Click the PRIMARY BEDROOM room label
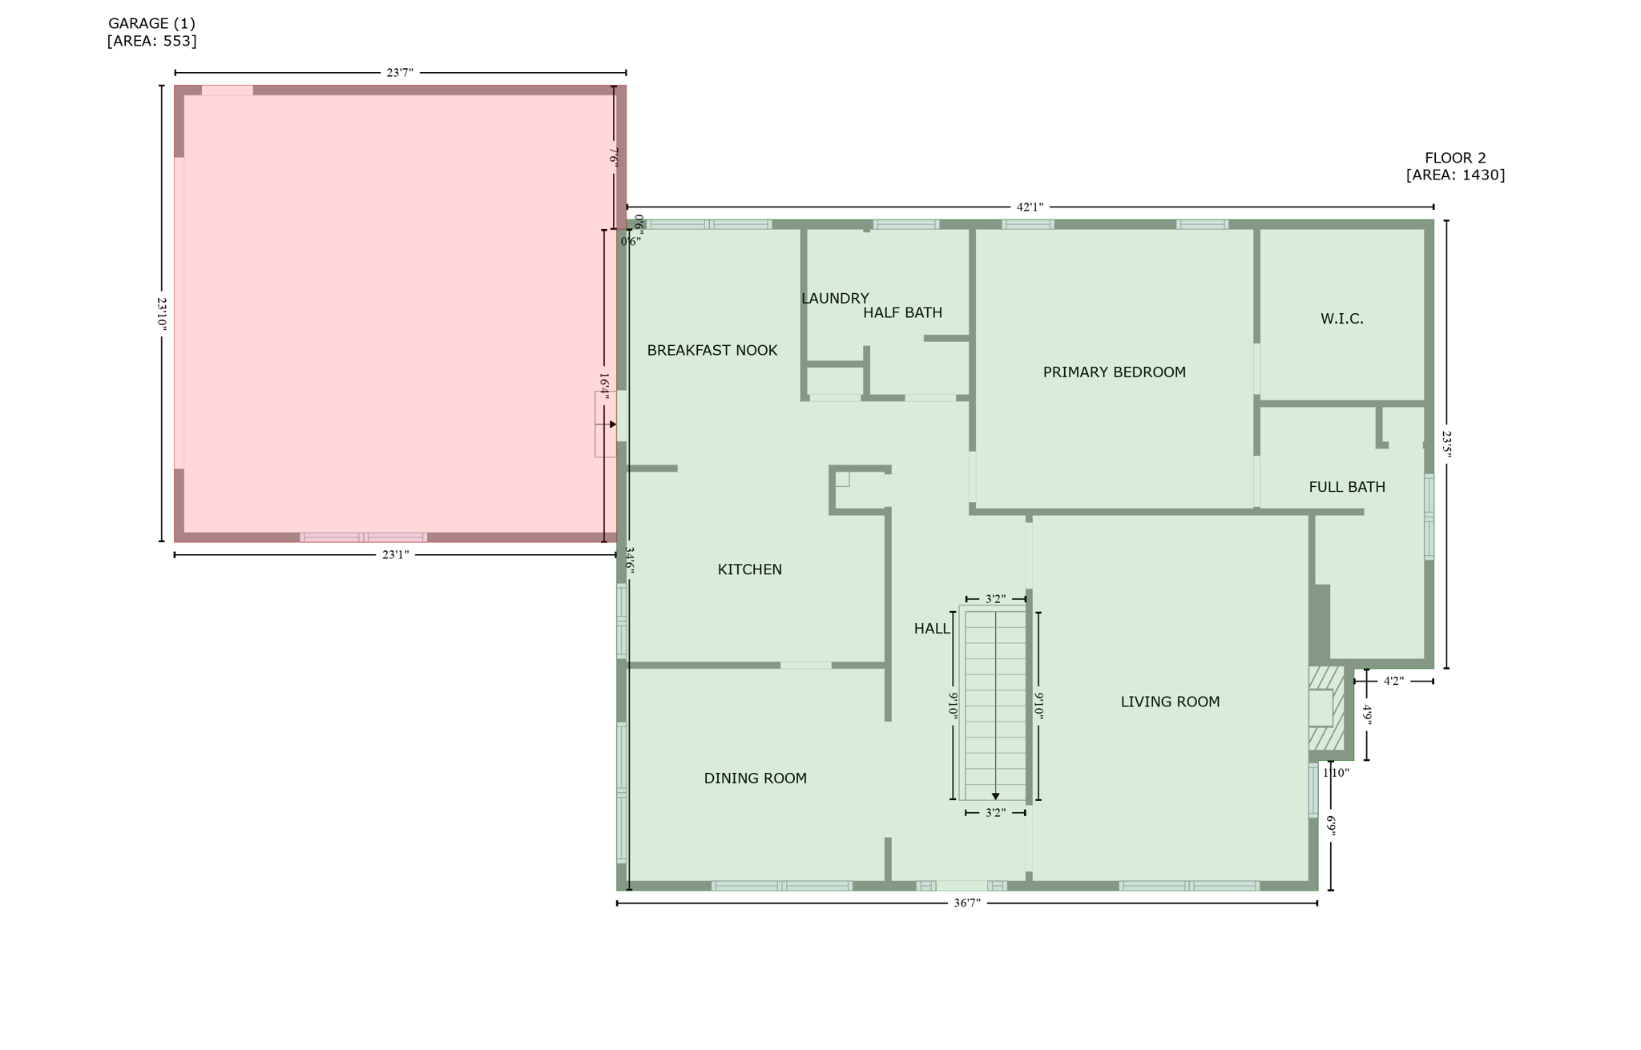(x=1114, y=372)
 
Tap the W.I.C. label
(x=1341, y=319)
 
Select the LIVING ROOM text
(x=1170, y=702)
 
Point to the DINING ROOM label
(x=755, y=778)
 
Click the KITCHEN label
(x=749, y=569)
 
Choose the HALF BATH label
(x=902, y=313)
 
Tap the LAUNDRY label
(x=835, y=299)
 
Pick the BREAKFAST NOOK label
(x=712, y=351)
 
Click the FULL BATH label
(x=1346, y=487)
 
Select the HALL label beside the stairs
(x=932, y=630)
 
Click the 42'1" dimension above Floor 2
(x=1030, y=207)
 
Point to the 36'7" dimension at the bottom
(x=966, y=903)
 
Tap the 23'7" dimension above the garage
(x=400, y=73)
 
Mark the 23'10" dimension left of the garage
(x=162, y=314)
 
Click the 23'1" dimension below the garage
(x=395, y=554)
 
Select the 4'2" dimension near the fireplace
(x=1393, y=682)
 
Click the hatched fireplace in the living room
(x=1325, y=708)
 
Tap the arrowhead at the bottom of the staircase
(x=995, y=796)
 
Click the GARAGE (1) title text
(x=151, y=24)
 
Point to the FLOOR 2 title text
(x=1455, y=158)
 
